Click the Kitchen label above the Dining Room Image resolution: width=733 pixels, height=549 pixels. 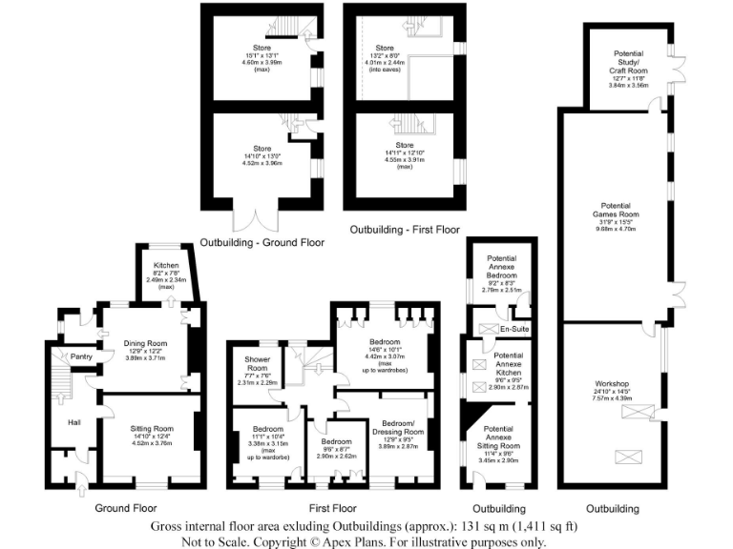pyautogui.click(x=167, y=267)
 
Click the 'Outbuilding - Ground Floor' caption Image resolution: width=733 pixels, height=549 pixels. pyautogui.click(x=262, y=243)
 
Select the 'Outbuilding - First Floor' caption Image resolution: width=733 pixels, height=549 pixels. pyautogui.click(x=405, y=231)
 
